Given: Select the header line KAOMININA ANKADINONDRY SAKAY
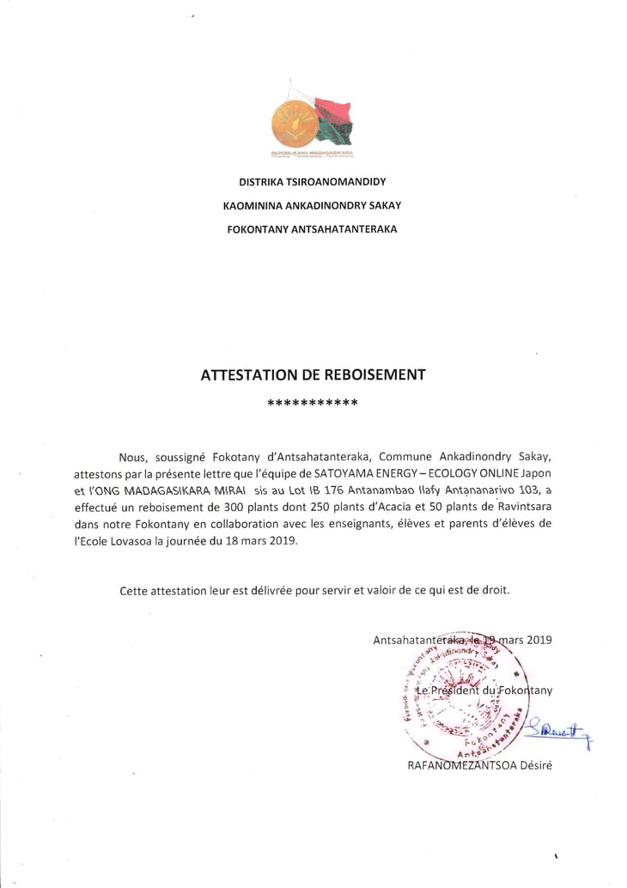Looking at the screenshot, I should pyautogui.click(x=312, y=205).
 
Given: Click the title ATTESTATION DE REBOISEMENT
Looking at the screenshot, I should pyautogui.click(x=313, y=374).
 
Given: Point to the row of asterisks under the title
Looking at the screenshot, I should pyautogui.click(x=313, y=402).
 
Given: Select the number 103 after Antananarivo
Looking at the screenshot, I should pyautogui.click(x=519, y=490).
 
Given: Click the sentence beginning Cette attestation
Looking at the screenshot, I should pyautogui.click(x=313, y=590).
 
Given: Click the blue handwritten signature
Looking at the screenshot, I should pyautogui.click(x=557, y=729).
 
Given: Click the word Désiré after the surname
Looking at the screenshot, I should pyautogui.click(x=532, y=766).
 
